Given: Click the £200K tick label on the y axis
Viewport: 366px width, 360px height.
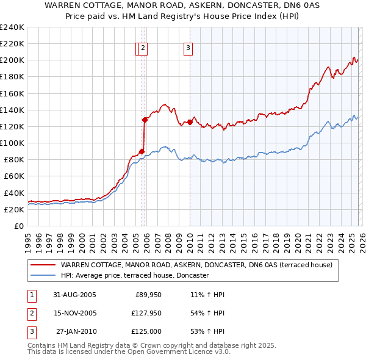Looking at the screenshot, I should (x=12, y=60).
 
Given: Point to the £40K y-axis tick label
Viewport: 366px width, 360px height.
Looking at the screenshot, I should (x=13, y=193).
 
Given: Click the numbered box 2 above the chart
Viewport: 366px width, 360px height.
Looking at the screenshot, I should (x=142, y=48).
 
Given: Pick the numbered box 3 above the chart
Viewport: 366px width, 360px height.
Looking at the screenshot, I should (x=188, y=48).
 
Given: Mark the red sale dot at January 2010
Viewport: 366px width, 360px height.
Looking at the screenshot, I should (x=190, y=122).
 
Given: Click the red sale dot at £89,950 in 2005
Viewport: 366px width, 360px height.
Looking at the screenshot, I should (x=142, y=151).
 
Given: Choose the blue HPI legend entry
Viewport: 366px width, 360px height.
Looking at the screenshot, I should (x=135, y=276).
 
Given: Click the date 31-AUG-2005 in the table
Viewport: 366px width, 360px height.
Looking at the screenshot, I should (x=74, y=295).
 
